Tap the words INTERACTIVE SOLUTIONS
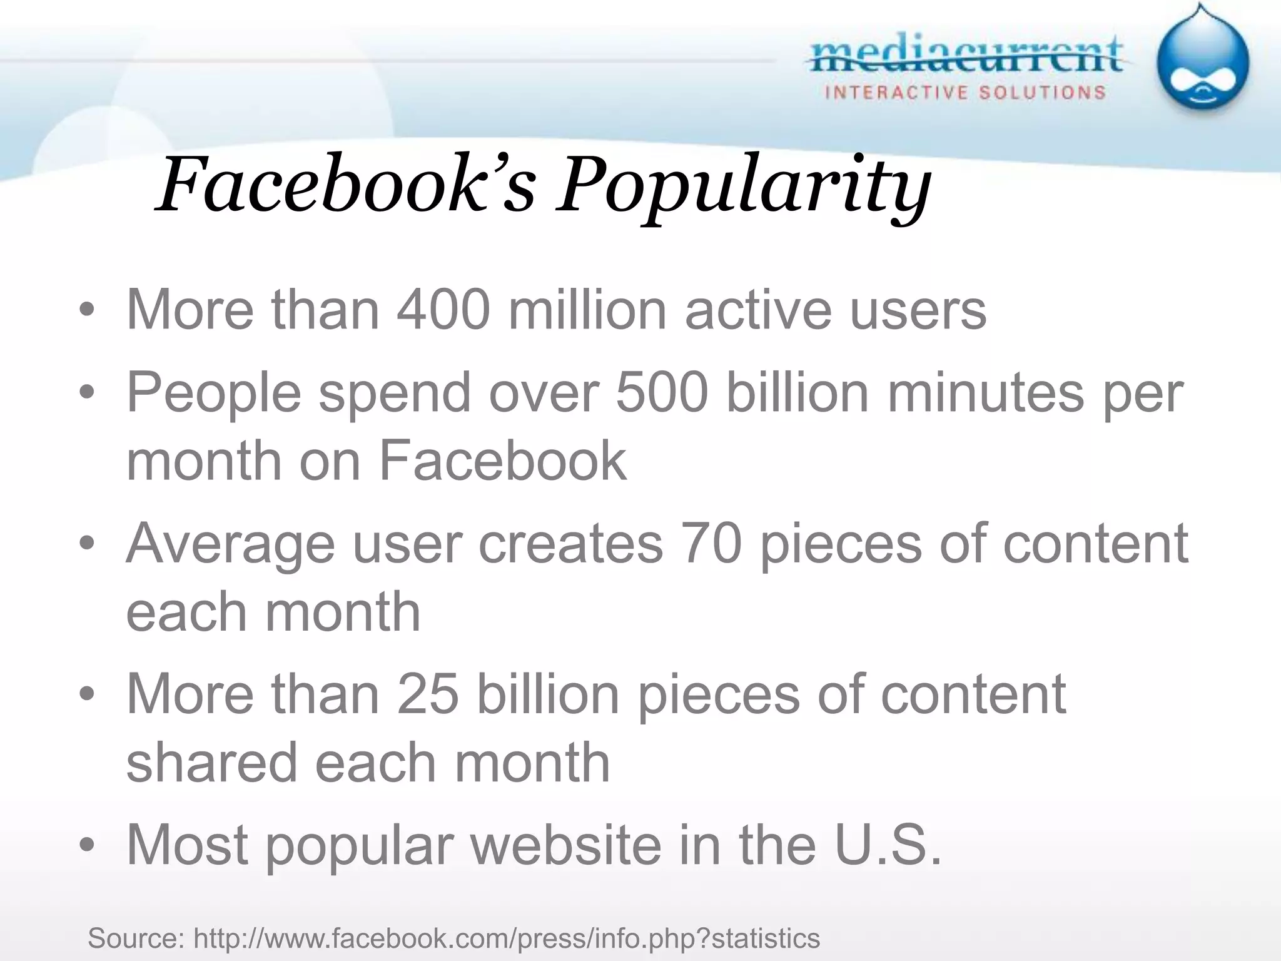[966, 93]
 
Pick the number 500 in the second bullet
[662, 392]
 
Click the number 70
[711, 543]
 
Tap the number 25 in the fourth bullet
[428, 694]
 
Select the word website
[566, 845]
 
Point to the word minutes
[985, 392]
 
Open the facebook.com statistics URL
[506, 938]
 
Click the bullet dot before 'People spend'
[87, 394]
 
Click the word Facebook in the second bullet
[502, 460]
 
